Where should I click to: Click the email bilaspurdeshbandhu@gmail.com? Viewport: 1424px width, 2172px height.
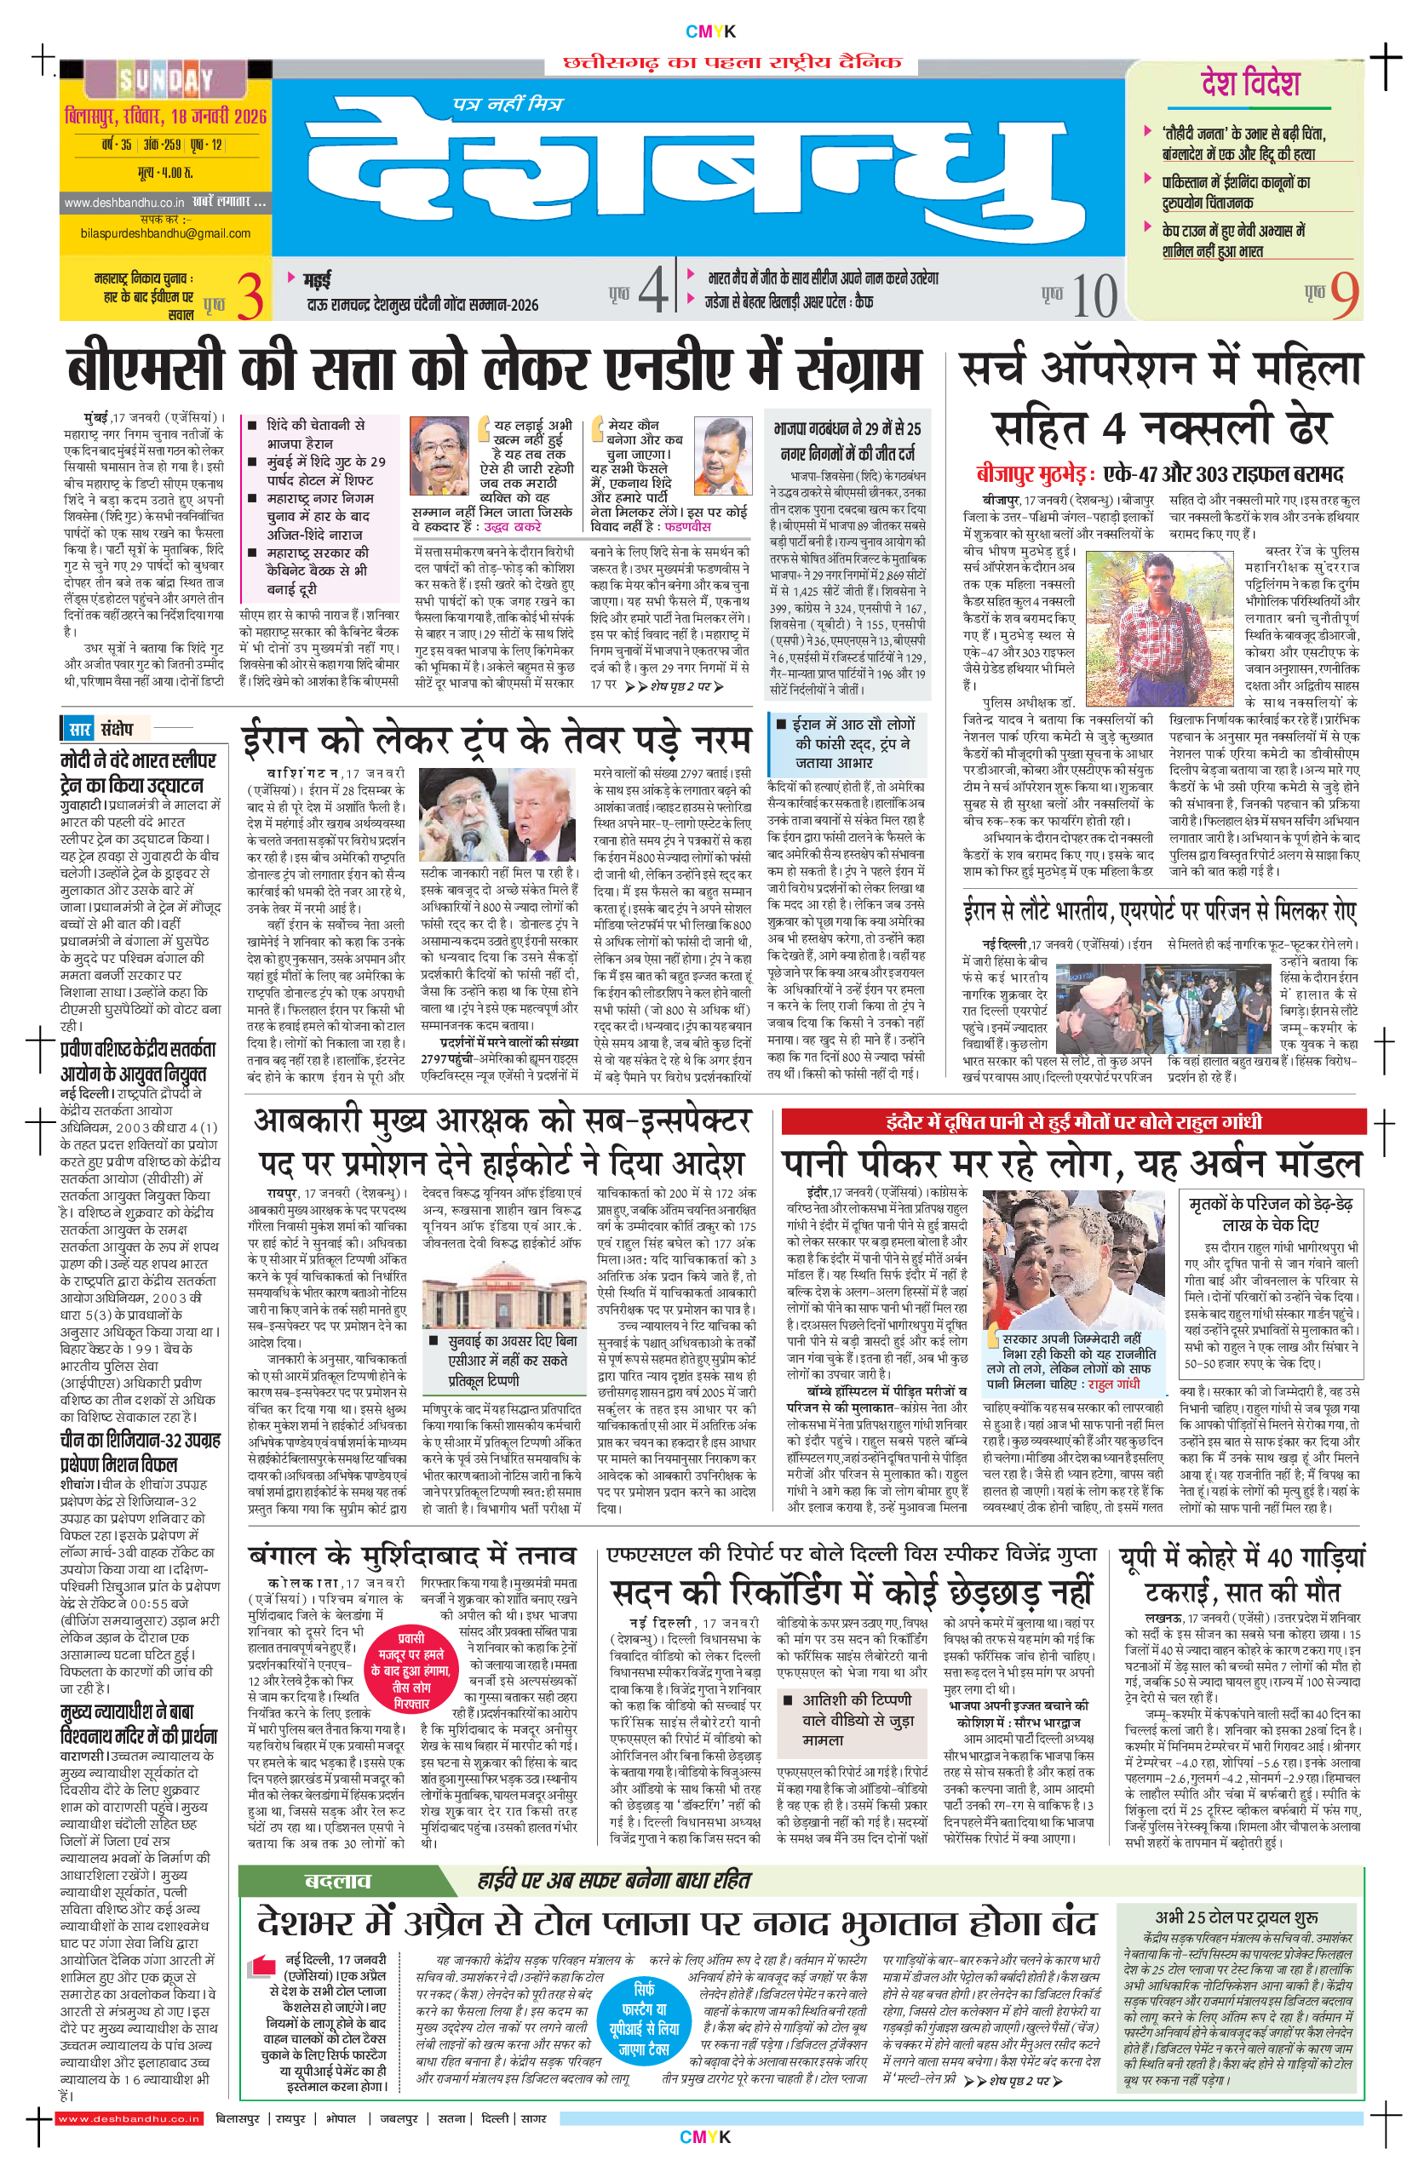pyautogui.click(x=165, y=233)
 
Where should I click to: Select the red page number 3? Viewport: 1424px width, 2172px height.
pyautogui.click(x=250, y=297)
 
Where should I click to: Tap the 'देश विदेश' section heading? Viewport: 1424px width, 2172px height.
pyautogui.click(x=1249, y=84)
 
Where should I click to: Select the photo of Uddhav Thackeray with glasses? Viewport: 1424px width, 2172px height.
pyautogui.click(x=439, y=456)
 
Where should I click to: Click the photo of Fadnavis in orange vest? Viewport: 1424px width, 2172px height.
pyautogui.click(x=722, y=456)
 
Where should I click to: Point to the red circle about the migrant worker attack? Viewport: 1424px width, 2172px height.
pyautogui.click(x=411, y=1672)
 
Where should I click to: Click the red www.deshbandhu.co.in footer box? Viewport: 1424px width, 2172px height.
pyautogui.click(x=129, y=2118)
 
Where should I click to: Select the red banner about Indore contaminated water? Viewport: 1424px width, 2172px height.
pyautogui.click(x=1073, y=1121)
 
